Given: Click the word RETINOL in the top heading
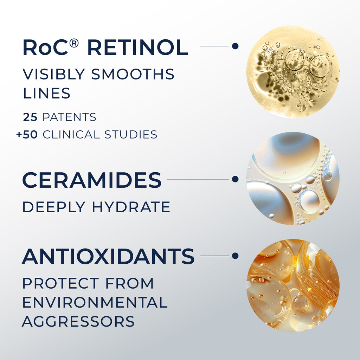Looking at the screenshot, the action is pyautogui.click(x=138, y=47).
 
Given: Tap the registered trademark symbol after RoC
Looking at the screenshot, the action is pyautogui.click(x=74, y=43).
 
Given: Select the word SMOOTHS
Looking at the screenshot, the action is pyautogui.click(x=133, y=74).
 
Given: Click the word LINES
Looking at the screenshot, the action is pyautogui.click(x=47, y=93).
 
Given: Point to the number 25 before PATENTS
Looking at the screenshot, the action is pyautogui.click(x=30, y=117).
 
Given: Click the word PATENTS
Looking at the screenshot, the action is pyautogui.click(x=69, y=117).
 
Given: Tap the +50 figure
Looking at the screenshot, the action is pyautogui.click(x=27, y=135).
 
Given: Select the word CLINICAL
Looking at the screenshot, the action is pyautogui.click(x=71, y=135).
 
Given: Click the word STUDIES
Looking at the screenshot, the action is pyautogui.click(x=131, y=135).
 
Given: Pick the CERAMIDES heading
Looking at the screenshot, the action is pyautogui.click(x=92, y=180).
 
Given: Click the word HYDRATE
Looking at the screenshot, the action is pyautogui.click(x=131, y=207).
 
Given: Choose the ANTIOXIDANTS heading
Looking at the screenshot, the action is pyautogui.click(x=108, y=256).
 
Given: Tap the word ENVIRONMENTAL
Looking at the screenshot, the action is pyautogui.click(x=95, y=302).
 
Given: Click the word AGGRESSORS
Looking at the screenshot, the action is pyautogui.click(x=78, y=321).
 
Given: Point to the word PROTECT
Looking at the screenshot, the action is pyautogui.click(x=60, y=283).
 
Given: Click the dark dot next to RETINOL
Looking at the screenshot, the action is pyautogui.click(x=235, y=46).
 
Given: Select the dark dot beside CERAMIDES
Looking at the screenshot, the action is pyautogui.click(x=235, y=179).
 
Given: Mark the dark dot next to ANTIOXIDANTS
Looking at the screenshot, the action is pyautogui.click(x=235, y=256).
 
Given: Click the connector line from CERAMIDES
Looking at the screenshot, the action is pyautogui.click(x=198, y=179).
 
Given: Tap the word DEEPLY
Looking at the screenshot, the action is pyautogui.click(x=54, y=207).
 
